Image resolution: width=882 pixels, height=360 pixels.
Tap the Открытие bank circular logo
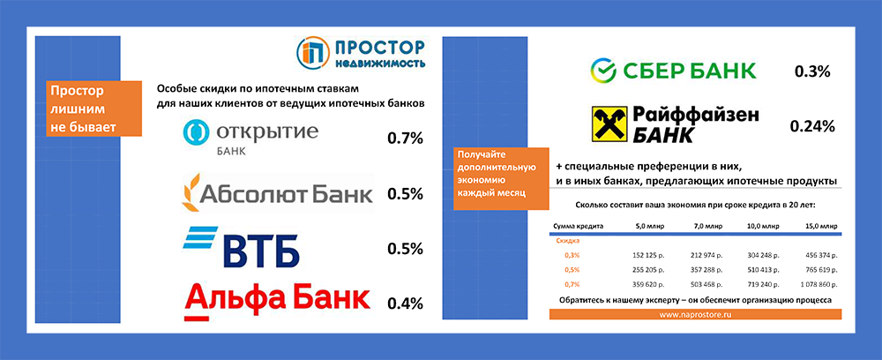pos(194,132)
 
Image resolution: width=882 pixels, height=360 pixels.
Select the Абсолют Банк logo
pos(276,191)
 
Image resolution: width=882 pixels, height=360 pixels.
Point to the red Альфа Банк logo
pos(276,299)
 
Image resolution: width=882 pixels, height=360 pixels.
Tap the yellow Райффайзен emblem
pos(607,124)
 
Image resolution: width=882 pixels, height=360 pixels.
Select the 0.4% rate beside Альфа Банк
pos(406,304)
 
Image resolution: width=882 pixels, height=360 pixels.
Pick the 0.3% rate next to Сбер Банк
pos(812,71)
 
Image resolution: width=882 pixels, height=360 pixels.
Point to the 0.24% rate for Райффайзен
pos(812,126)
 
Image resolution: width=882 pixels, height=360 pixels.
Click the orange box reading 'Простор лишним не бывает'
pos(83,109)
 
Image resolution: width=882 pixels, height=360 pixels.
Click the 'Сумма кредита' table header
pos(578,227)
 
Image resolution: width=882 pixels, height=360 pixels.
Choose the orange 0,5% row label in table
pos(572,271)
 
